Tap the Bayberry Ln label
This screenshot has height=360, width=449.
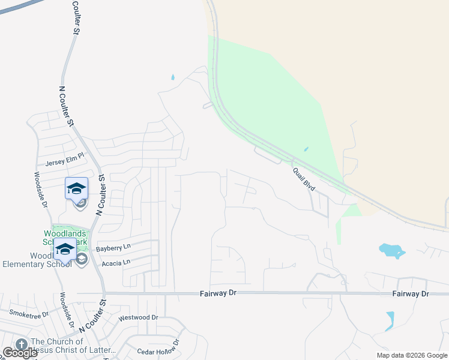click(113, 247)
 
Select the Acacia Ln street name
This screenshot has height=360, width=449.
click(117, 262)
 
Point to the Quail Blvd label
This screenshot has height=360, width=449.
click(304, 179)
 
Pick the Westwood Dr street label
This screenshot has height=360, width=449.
click(138, 317)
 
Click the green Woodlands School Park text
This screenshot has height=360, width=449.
click(65, 238)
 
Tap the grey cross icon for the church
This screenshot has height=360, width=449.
click(23, 344)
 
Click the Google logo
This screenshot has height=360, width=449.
click(20, 353)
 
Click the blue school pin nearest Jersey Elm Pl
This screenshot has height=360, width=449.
click(76, 188)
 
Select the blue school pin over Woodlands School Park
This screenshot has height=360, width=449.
click(64, 248)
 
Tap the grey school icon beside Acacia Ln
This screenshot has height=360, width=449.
click(82, 259)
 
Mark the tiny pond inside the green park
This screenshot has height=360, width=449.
click(306, 149)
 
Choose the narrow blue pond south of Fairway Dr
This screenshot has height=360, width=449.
click(390, 321)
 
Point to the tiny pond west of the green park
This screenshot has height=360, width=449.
click(173, 77)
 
